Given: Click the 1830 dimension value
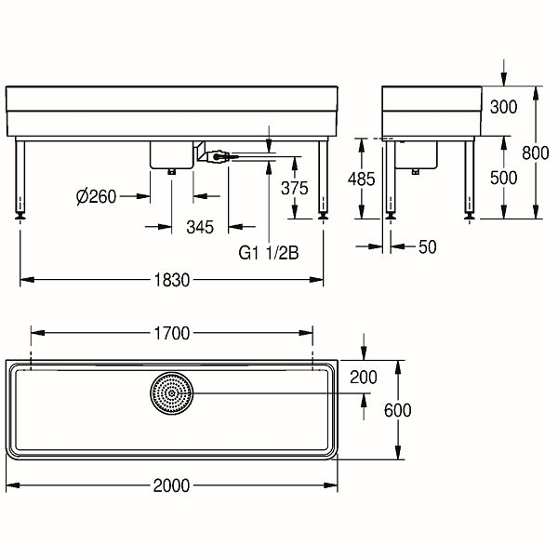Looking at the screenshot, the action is pyautogui.click(x=172, y=281).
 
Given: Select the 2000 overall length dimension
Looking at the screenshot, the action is pyautogui.click(x=171, y=485).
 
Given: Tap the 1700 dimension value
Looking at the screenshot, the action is pyautogui.click(x=172, y=334).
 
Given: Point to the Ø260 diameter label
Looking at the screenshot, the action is pyautogui.click(x=97, y=196).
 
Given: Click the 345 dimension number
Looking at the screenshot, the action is pyautogui.click(x=200, y=228).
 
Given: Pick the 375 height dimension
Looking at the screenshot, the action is pyautogui.click(x=294, y=188).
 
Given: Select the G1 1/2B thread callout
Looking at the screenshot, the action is pyautogui.click(x=269, y=253).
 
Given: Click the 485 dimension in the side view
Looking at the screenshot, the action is pyautogui.click(x=361, y=179).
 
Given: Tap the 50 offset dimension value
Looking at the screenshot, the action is pyautogui.click(x=428, y=247).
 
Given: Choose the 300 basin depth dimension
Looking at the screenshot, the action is pyautogui.click(x=503, y=107).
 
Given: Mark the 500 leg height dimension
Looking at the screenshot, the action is pyautogui.click(x=503, y=178).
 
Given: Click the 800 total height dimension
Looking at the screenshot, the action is pyautogui.click(x=536, y=153).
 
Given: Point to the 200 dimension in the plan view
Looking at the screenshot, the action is pyautogui.click(x=364, y=378).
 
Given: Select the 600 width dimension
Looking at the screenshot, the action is pyautogui.click(x=398, y=410).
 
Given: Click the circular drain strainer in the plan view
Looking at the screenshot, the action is pyautogui.click(x=172, y=393).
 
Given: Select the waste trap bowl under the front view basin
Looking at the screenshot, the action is pyautogui.click(x=171, y=154).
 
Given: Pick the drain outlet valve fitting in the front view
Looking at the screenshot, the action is pyautogui.click(x=217, y=156).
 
